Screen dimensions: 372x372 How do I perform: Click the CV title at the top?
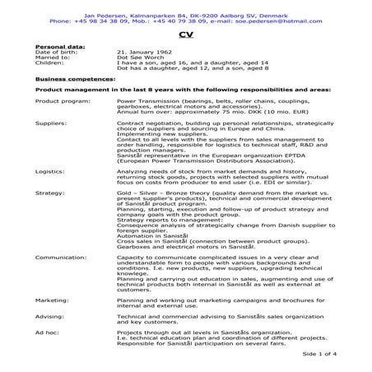(x=185, y=35)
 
